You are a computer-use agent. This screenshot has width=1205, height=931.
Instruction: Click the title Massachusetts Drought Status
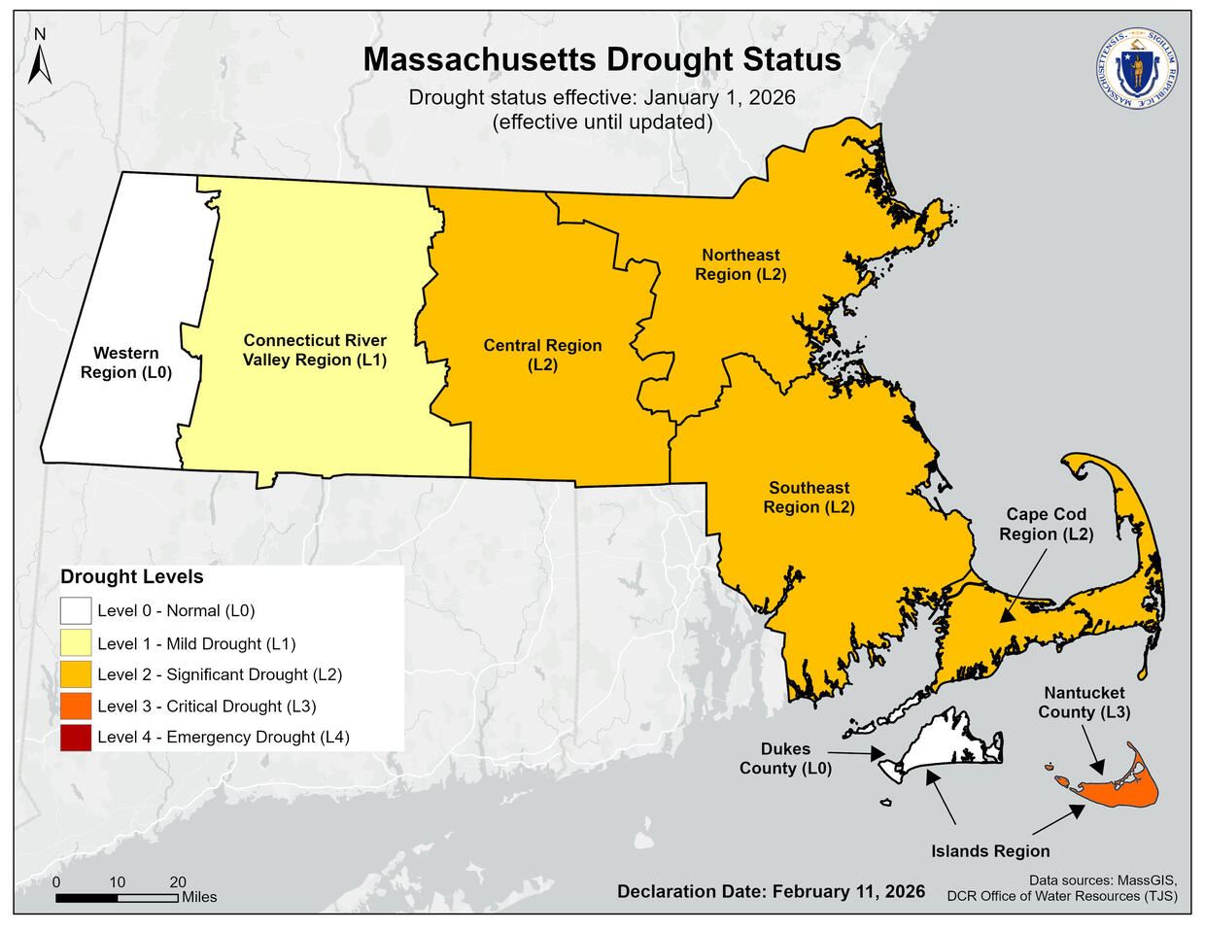click(602, 60)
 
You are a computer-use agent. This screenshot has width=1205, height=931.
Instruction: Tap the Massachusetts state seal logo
click(1134, 65)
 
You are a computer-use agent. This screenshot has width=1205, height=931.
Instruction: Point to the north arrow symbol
click(40, 57)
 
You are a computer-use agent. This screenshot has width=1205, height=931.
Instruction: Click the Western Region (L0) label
click(126, 362)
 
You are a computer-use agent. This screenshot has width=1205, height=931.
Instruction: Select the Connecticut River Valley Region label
click(314, 350)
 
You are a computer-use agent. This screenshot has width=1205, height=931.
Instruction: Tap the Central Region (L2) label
click(542, 355)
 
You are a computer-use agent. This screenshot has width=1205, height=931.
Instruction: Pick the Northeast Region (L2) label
click(740, 264)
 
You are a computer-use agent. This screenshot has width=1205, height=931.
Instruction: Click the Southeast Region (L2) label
click(809, 498)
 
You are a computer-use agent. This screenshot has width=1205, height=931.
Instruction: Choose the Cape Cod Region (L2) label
click(1046, 524)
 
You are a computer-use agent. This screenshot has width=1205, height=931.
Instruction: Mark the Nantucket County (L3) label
click(1084, 702)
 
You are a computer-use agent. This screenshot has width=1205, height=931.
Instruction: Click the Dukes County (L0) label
click(787, 759)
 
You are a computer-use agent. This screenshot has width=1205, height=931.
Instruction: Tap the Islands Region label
click(990, 851)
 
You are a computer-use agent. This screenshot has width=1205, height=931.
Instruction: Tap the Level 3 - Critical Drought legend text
click(206, 707)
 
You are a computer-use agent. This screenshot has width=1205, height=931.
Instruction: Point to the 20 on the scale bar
click(178, 881)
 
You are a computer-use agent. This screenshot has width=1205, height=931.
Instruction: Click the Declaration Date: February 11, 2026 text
click(771, 891)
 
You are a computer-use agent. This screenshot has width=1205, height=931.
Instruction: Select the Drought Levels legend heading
click(132, 576)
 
